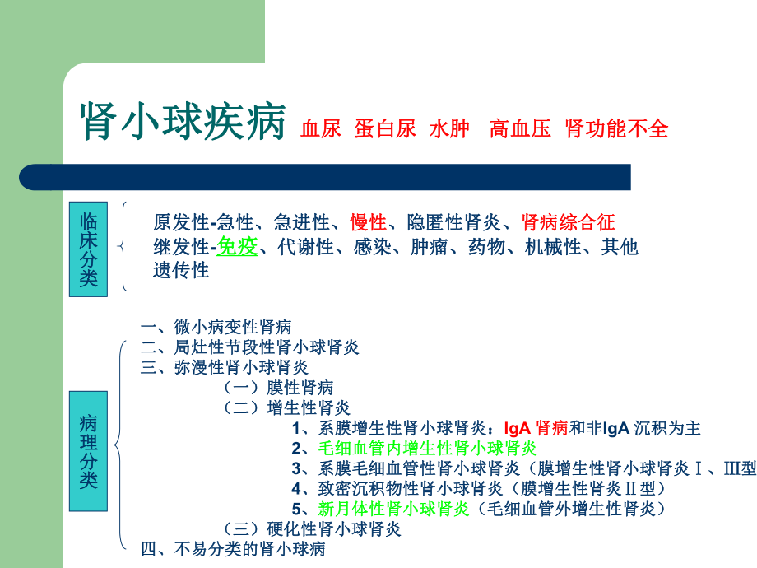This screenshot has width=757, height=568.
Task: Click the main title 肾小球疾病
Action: (183, 123)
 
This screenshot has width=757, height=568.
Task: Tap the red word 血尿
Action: (321, 129)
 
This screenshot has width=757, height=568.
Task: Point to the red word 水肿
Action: (448, 129)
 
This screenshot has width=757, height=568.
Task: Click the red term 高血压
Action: (519, 129)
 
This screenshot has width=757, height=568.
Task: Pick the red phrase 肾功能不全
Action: (617, 129)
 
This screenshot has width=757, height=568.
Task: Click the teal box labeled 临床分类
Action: (88, 248)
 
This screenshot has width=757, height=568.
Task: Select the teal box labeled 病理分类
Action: (88, 451)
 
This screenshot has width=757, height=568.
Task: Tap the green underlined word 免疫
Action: (237, 246)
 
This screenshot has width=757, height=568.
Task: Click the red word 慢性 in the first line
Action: (368, 222)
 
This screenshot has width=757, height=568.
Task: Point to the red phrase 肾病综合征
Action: (568, 222)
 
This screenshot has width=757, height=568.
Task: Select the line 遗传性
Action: (181, 269)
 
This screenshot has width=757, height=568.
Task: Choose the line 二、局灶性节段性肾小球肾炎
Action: (250, 347)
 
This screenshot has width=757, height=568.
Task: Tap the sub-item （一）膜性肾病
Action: (279, 388)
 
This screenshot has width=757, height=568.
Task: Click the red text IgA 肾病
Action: (536, 428)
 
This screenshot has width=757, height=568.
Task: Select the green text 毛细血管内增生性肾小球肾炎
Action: (427, 449)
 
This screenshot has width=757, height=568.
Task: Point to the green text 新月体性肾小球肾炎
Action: (393, 509)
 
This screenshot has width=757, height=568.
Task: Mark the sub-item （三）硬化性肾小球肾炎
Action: (313, 528)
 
